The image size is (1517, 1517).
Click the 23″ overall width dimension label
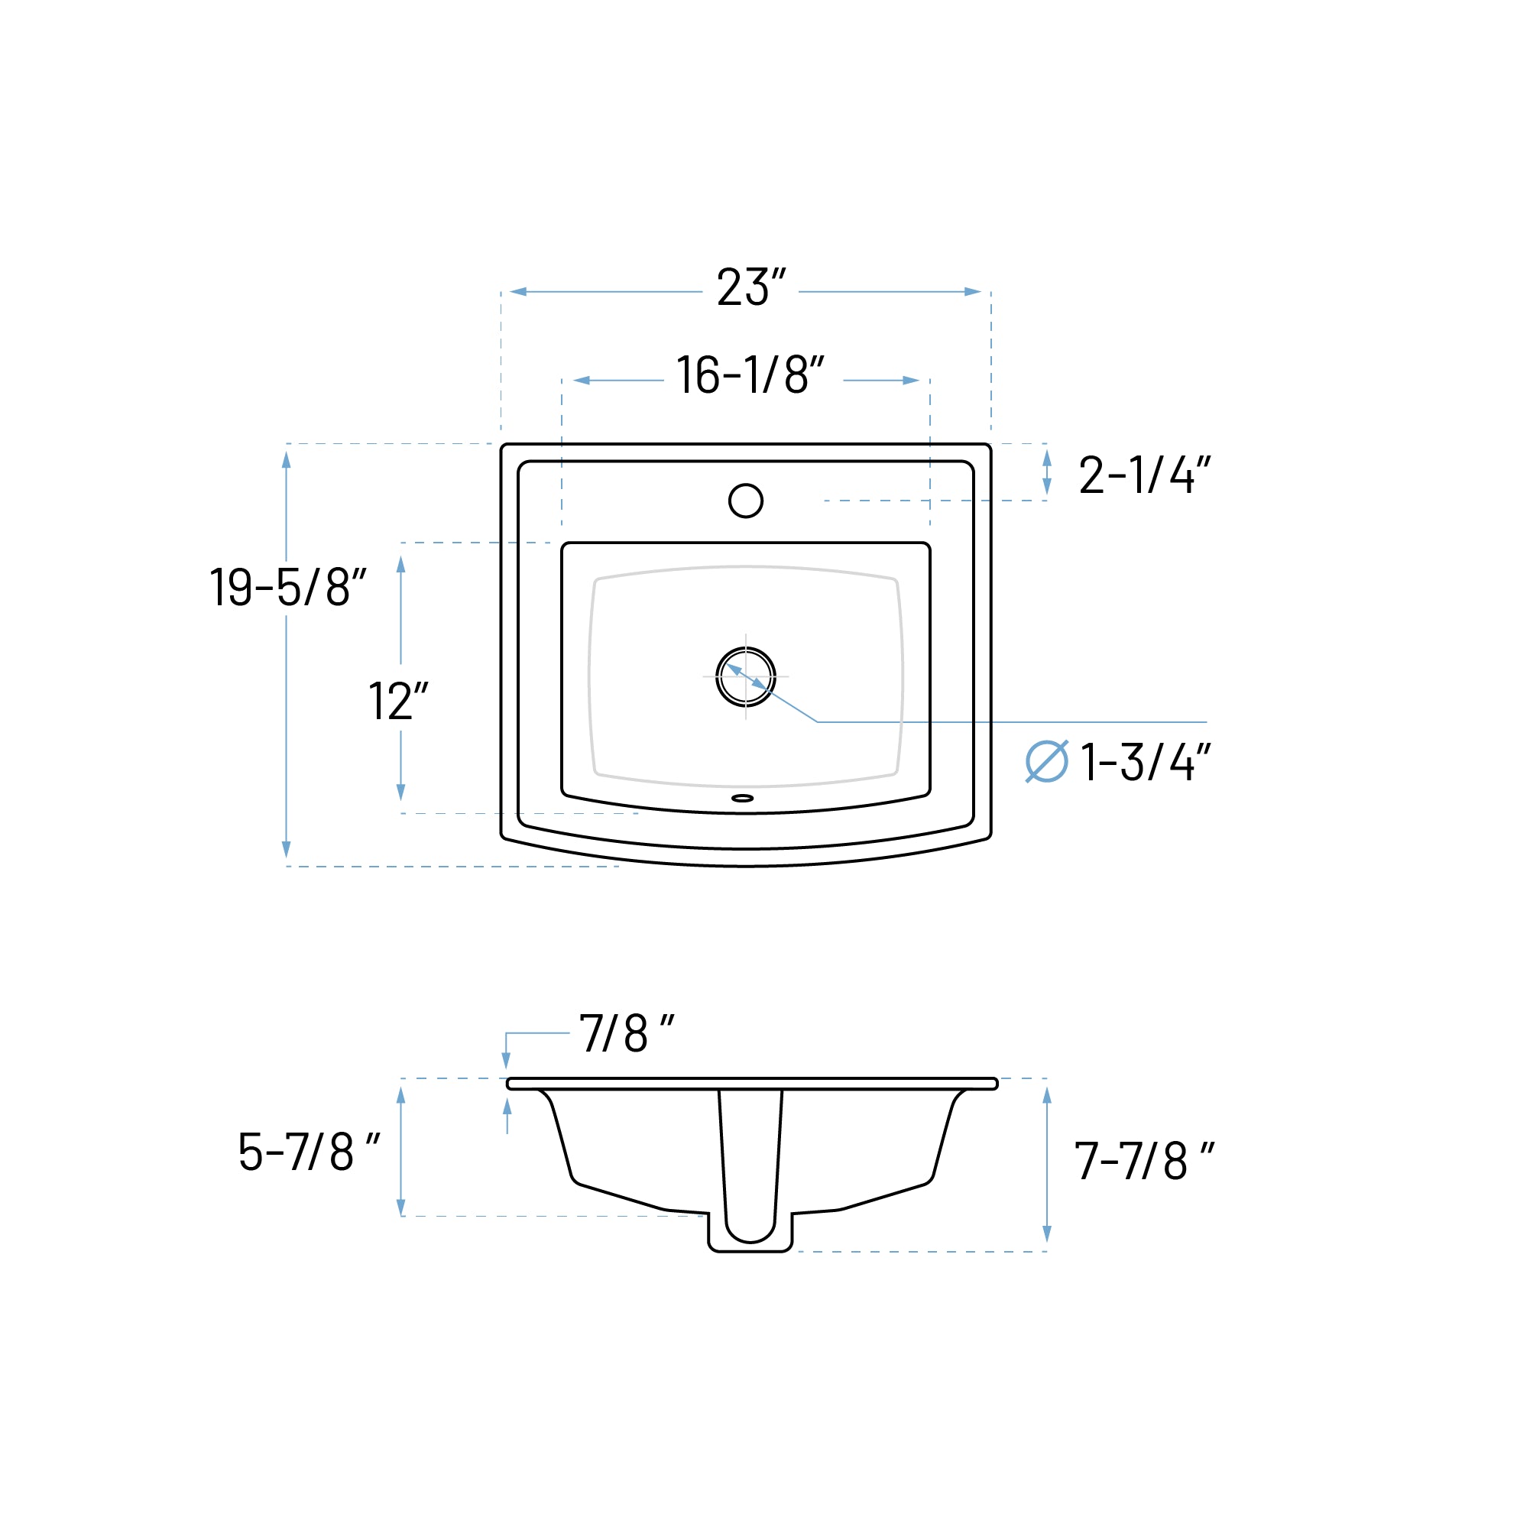point(750,287)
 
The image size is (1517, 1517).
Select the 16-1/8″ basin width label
point(750,375)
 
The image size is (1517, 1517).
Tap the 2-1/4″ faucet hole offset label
point(1144,475)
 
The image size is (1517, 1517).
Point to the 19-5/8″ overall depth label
point(287,588)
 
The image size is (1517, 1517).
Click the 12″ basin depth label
point(398,701)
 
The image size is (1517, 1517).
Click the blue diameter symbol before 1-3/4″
point(1047,762)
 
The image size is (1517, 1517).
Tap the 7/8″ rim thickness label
point(626,1033)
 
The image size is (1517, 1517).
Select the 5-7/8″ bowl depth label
point(309,1152)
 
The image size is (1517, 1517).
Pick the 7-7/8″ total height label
point(1143,1161)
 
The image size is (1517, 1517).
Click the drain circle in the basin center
point(745,677)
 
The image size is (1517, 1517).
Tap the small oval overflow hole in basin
point(742,799)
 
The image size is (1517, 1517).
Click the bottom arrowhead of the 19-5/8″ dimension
point(287,850)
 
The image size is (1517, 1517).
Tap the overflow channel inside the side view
point(750,1162)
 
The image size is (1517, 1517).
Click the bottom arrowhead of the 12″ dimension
point(401,793)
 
